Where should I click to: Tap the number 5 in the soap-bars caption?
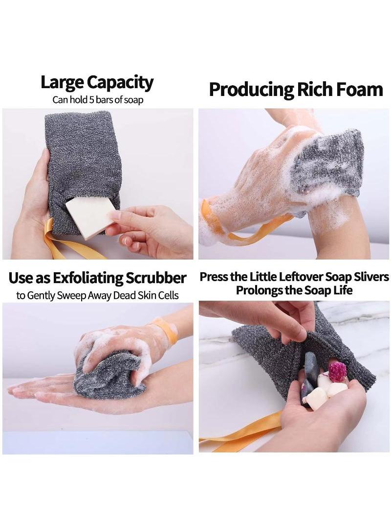(91, 100)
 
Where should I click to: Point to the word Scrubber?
(156, 278)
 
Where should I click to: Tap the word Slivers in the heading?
(371, 277)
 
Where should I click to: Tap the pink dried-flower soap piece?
(338, 372)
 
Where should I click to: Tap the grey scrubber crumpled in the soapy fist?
(109, 375)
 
